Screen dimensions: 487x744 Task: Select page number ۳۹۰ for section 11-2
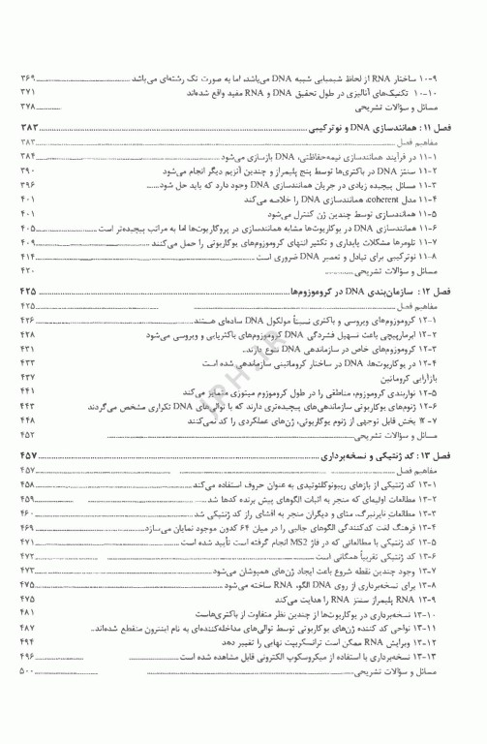click(26, 170)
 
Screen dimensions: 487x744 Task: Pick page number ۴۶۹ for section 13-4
click(26, 526)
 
